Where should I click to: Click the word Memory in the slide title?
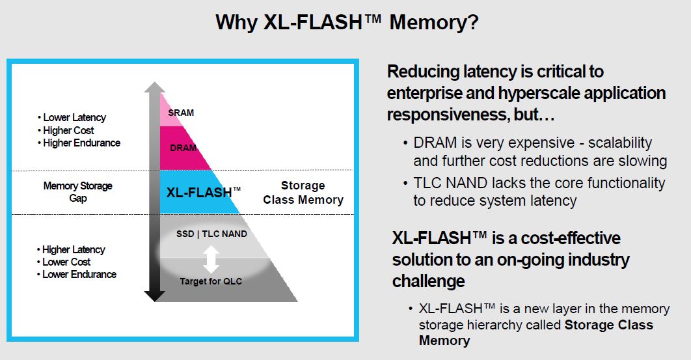point(434,23)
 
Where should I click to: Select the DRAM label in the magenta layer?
point(183,148)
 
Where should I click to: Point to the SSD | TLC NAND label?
point(211,234)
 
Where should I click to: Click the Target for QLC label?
point(211,281)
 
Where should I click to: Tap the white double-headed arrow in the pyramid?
point(210,258)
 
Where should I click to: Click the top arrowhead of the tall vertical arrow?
point(154,88)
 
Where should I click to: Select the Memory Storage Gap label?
point(77,191)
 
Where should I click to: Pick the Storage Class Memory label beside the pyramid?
point(303,193)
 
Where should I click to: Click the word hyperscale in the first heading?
point(539,93)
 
